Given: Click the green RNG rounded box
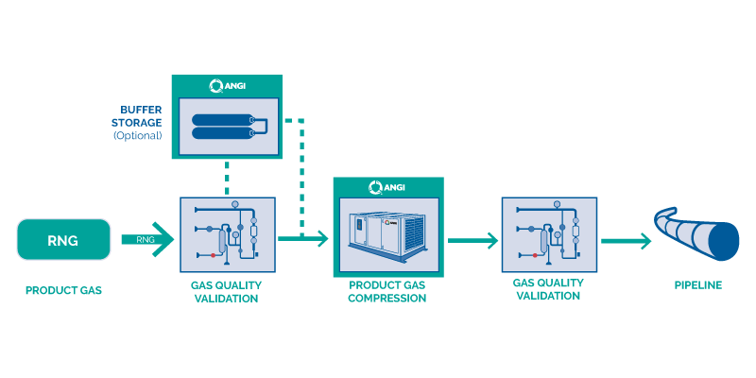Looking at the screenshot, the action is point(63,240).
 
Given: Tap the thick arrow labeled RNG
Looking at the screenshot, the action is point(147,239).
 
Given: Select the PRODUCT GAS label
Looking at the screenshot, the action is point(63,291).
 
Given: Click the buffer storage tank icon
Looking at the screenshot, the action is point(229,127).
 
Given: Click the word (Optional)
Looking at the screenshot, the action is point(137,135).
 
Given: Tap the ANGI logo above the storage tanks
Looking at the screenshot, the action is point(227,86).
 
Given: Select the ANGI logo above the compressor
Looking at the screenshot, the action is point(387,187).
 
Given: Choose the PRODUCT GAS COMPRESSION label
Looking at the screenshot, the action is point(387,292).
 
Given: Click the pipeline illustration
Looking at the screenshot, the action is point(696,233).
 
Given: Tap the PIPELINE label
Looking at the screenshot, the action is point(698,285).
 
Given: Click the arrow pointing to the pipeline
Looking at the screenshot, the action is point(626,241).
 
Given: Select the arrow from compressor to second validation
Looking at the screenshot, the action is point(473,240).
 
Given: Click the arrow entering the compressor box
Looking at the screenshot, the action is point(303,238).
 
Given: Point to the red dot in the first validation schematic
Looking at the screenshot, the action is point(214,254).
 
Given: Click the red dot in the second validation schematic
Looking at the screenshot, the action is point(535,254).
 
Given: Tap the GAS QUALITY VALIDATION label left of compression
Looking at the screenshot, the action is point(226,292).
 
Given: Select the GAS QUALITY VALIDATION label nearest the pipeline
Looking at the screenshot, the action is point(548,289).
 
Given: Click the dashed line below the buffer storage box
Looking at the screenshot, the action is point(227,178).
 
